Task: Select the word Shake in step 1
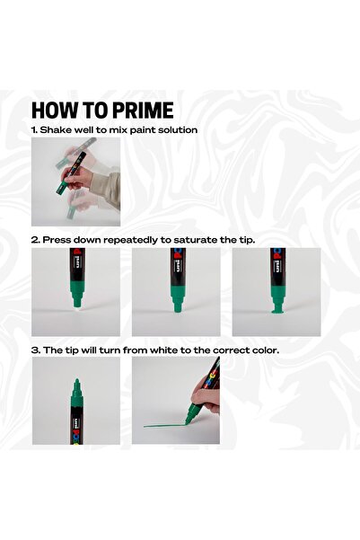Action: tap(57, 130)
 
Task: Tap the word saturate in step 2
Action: tap(195, 240)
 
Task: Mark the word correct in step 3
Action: tap(224, 349)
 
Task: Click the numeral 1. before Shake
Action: tap(35, 130)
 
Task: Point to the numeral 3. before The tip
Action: tap(35, 349)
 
